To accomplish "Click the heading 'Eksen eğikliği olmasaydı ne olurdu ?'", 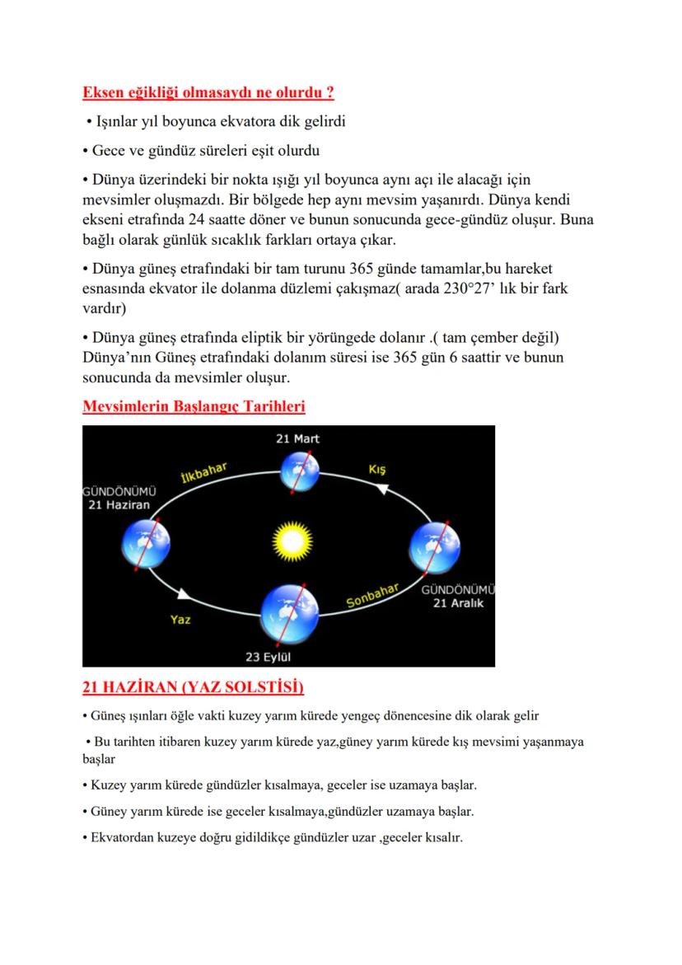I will pyautogui.click(x=208, y=91).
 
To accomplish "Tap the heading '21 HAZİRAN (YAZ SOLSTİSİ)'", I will pyautogui.click(x=194, y=686).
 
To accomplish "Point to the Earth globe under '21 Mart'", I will pyautogui.click(x=298, y=471).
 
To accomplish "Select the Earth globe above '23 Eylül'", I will pyautogui.click(x=290, y=615).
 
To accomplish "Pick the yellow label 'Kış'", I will pyautogui.click(x=377, y=470).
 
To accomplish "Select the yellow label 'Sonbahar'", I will pyautogui.click(x=372, y=595).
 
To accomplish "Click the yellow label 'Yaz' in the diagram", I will pyautogui.click(x=180, y=619).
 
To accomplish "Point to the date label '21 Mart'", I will pyautogui.click(x=297, y=438).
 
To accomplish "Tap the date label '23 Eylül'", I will pyautogui.click(x=269, y=657).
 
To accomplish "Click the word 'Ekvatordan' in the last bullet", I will pyautogui.click(x=124, y=836).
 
